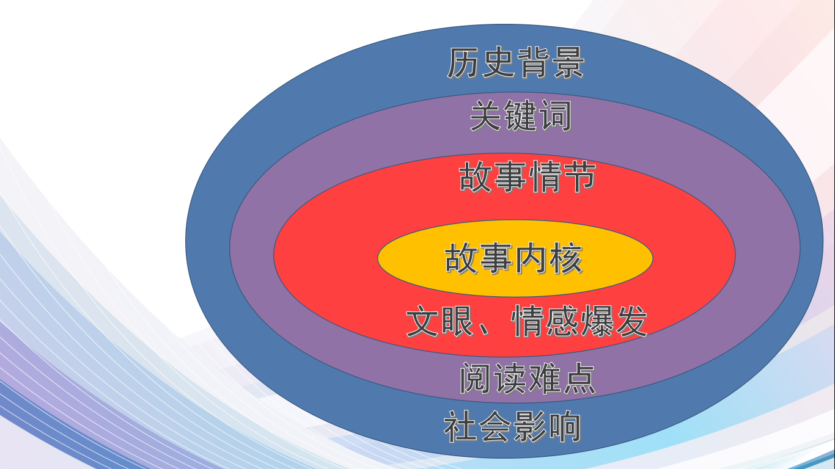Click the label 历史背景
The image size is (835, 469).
click(x=515, y=62)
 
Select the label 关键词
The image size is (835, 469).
click(x=521, y=115)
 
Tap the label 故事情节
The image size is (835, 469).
click(x=527, y=176)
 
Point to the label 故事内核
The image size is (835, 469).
click(x=513, y=258)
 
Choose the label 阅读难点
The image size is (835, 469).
click(x=528, y=379)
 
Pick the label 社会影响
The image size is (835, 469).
click(x=513, y=426)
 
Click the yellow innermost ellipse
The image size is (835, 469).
click(x=515, y=258)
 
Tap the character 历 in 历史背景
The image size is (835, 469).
click(x=463, y=62)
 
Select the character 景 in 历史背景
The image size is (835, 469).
click(x=568, y=62)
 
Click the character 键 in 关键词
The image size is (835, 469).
click(x=521, y=115)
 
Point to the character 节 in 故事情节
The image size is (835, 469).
click(x=579, y=176)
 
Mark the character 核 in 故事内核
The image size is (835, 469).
click(x=567, y=258)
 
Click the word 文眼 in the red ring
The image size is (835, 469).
click(x=440, y=321)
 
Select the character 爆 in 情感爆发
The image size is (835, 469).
click(x=597, y=321)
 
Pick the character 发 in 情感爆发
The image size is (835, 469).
click(x=631, y=321)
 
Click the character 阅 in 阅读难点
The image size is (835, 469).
click(x=476, y=379)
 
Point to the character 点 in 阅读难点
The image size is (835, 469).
click(x=579, y=379)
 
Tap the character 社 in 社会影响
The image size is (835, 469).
click(x=460, y=426)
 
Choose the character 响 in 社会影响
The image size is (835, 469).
click(x=565, y=426)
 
